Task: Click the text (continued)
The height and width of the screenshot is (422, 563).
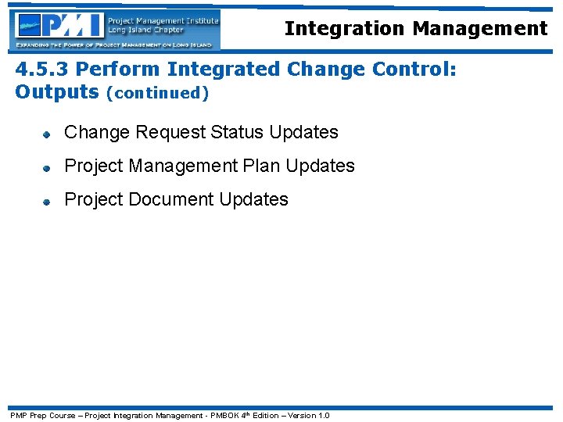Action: [157, 94]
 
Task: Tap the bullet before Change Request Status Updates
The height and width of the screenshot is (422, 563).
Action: [46, 134]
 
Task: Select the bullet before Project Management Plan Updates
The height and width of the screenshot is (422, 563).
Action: [46, 167]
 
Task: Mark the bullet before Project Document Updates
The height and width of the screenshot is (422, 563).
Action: [46, 201]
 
